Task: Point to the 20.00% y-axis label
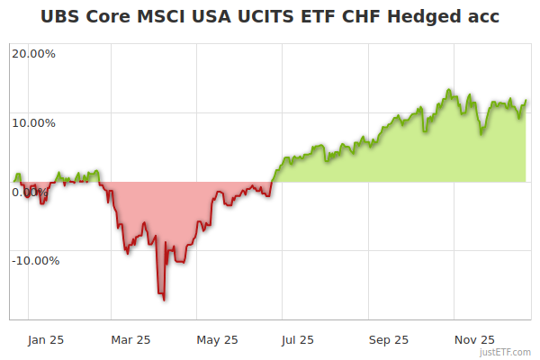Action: coord(33,53)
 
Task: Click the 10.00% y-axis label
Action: coord(33,123)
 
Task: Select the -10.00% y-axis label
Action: coord(35,261)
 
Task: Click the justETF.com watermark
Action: coord(505,353)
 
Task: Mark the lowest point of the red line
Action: coord(164,300)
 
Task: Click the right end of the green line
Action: coord(526,101)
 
